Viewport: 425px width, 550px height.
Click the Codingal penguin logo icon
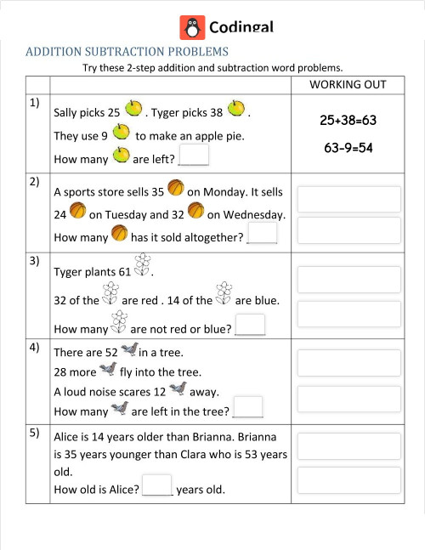point(193,27)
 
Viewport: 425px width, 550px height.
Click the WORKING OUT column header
point(348,85)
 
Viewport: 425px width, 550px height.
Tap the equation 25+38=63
point(348,121)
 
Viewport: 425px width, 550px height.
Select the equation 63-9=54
point(348,147)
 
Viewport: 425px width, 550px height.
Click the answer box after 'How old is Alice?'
point(158,486)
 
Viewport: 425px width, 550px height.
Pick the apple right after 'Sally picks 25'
point(133,109)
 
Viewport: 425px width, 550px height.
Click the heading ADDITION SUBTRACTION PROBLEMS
point(127,52)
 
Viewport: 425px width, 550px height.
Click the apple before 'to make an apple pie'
point(122,133)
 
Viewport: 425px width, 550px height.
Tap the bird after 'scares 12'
point(178,389)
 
